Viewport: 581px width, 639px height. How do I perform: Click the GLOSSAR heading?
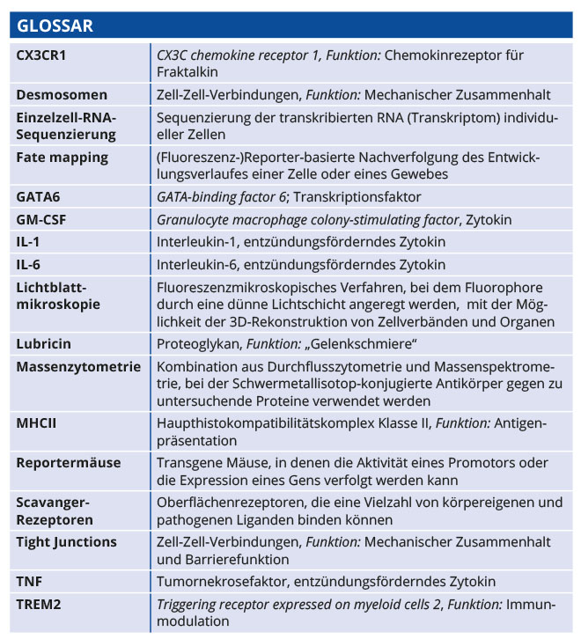(55, 26)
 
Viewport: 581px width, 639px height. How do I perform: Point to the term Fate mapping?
(63, 158)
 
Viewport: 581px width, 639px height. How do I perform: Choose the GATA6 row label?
(38, 197)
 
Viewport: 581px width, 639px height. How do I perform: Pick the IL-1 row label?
(30, 241)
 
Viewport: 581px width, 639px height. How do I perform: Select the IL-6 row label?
(30, 263)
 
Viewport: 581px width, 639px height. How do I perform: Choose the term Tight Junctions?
(66, 541)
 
